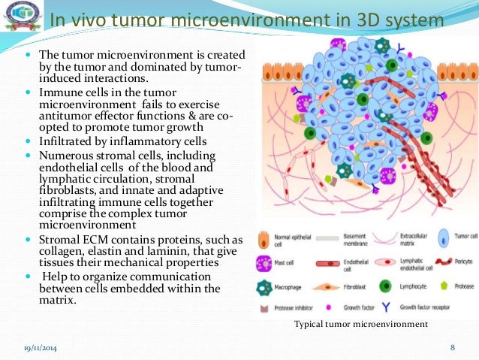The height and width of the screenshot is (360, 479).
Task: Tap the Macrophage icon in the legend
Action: pos(264,286)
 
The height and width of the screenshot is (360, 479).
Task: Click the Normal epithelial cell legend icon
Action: pos(264,239)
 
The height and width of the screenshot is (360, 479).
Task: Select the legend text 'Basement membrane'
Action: pos(363,239)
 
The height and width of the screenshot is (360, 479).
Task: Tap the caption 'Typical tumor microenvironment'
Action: pos(362,324)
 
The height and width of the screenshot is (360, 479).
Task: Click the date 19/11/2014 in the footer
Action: pos(38,347)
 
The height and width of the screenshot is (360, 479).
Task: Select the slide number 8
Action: pos(453,347)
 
